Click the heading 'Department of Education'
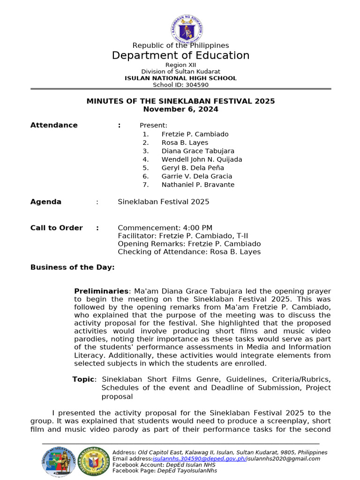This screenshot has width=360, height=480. tap(180, 56)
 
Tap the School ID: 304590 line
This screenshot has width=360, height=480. tap(180, 85)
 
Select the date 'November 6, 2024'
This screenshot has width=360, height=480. tap(180, 109)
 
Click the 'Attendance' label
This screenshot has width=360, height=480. tap(54, 125)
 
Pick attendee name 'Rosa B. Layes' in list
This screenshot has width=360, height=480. tap(185, 142)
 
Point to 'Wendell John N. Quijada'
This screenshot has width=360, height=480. tap(202, 159)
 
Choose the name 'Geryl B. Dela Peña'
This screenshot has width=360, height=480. tap(193, 168)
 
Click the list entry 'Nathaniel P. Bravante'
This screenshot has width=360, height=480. tap(198, 185)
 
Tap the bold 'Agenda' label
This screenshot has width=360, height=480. tap(46, 202)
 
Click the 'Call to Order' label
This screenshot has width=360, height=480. tap(56, 228)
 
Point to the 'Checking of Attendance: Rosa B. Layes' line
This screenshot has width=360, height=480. tap(189, 252)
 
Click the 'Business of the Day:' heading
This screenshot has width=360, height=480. tap(72, 267)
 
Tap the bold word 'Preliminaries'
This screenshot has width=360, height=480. tap(101, 291)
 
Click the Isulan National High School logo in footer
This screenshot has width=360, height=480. tap(95, 461)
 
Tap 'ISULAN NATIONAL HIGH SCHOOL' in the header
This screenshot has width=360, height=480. tap(180, 78)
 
